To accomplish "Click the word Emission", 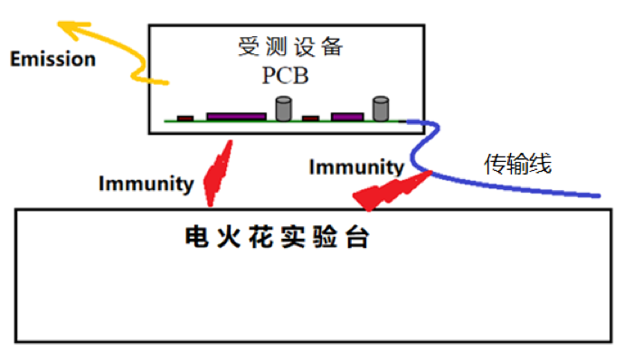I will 52,60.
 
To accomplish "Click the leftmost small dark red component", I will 185,118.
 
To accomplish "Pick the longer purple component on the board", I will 236,116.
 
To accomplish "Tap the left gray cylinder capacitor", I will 284,109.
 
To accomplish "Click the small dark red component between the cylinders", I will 310,118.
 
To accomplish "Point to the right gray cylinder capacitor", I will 382,109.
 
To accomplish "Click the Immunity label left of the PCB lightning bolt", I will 146,184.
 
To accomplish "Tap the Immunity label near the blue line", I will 355,166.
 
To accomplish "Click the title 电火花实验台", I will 278,238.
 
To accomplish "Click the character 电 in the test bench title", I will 195,238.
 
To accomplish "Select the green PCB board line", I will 271,121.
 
